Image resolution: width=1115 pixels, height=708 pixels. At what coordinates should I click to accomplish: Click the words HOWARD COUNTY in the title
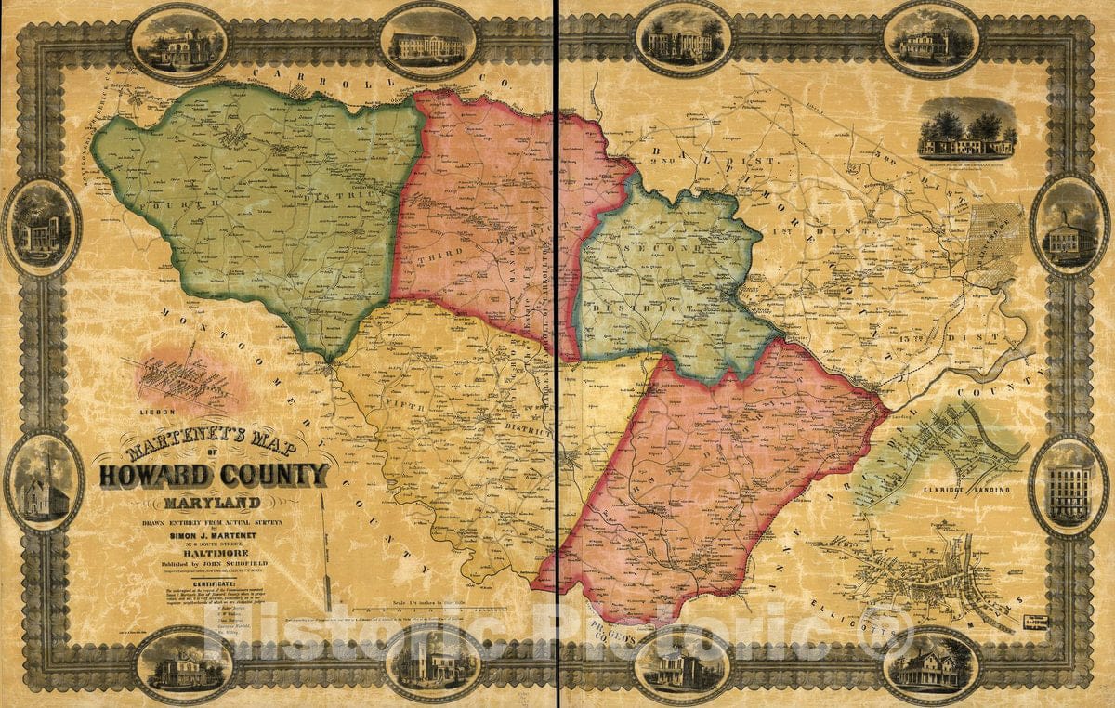tap(214, 475)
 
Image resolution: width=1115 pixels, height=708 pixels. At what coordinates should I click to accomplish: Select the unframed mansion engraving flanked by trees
tap(966, 132)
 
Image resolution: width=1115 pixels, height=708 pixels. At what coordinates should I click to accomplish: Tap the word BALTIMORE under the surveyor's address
tap(214, 550)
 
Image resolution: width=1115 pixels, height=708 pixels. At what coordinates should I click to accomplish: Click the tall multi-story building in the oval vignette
tap(1069, 485)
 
